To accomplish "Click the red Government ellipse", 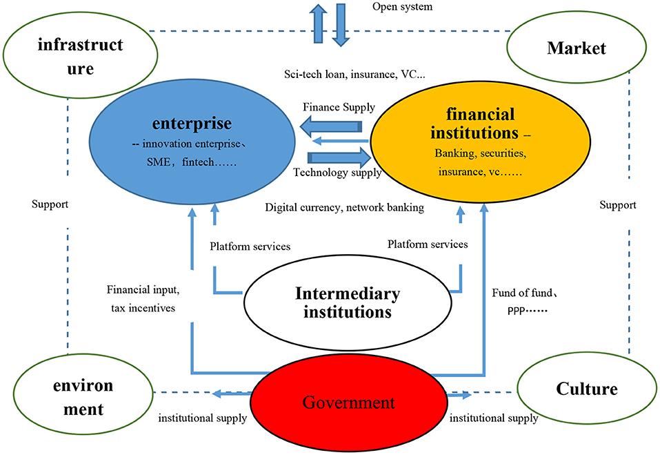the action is click(x=349, y=402).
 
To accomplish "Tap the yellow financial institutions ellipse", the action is click(x=480, y=142).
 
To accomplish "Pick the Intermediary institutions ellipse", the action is click(x=348, y=302).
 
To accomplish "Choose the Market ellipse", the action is click(x=577, y=48).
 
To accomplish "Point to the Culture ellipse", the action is click(x=587, y=389).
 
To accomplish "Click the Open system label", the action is click(x=402, y=7).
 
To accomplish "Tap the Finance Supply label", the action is click(x=339, y=108).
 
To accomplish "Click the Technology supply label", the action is click(x=337, y=173).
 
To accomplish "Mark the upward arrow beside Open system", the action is click(x=318, y=23).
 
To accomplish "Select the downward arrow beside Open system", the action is click(x=341, y=24).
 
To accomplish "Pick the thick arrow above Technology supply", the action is click(x=339, y=158).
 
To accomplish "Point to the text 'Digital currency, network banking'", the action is click(x=344, y=207).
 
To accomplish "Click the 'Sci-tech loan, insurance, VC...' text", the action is click(x=355, y=75).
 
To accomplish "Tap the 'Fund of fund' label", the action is click(x=524, y=293).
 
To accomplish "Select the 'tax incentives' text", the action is click(x=143, y=308).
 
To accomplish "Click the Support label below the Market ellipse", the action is click(x=618, y=205).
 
